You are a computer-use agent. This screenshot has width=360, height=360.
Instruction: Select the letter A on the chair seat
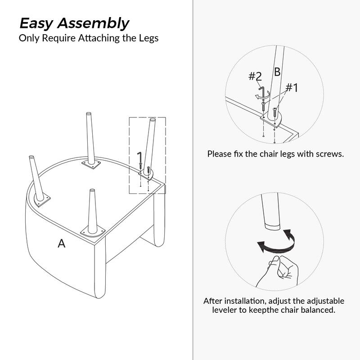tap(62, 243)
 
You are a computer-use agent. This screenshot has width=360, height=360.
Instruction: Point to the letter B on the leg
tap(277, 72)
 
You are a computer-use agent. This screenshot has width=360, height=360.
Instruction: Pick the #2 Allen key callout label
tap(255, 76)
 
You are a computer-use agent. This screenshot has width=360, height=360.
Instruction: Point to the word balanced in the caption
tap(319, 310)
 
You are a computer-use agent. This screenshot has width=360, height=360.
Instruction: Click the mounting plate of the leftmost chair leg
tap(42, 201)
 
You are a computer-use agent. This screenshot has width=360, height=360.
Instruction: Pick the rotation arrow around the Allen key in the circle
tap(262, 95)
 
